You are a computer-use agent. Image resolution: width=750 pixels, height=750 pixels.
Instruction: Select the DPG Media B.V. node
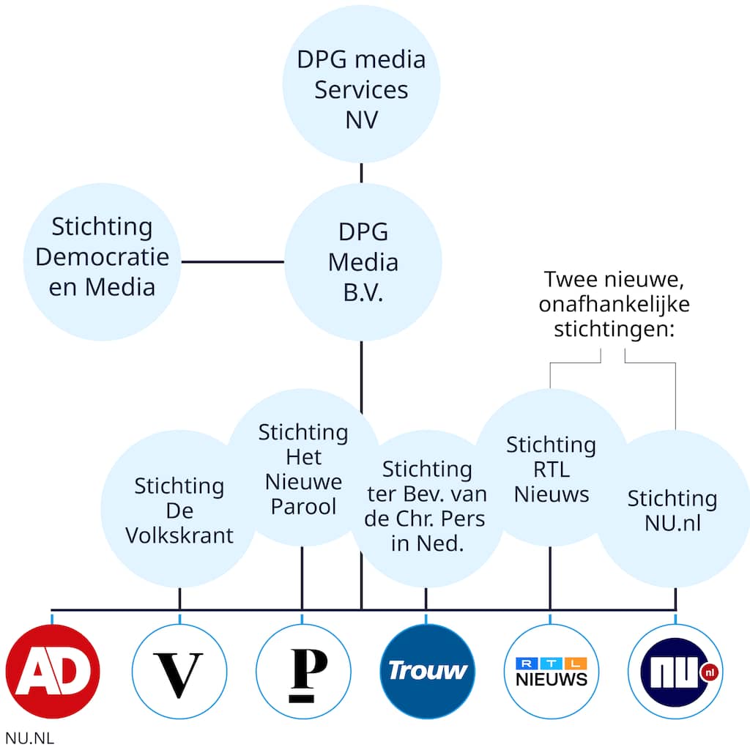(363, 261)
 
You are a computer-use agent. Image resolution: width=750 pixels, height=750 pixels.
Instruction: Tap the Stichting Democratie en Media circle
(102, 261)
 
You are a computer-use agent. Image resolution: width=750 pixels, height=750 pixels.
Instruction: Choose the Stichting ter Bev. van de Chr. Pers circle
(426, 505)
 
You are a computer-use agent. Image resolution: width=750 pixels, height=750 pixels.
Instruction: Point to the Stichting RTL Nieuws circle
(551, 469)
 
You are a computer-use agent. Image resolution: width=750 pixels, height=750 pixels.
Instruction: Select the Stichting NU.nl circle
(672, 510)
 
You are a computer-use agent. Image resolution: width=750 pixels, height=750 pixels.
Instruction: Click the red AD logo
(53, 671)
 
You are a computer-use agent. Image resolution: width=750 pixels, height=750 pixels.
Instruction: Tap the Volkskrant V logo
(179, 671)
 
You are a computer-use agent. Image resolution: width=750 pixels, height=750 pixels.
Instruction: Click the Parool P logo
(302, 671)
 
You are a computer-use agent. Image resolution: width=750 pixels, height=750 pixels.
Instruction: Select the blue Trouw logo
(427, 671)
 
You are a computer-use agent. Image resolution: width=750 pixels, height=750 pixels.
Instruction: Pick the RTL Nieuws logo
(551, 671)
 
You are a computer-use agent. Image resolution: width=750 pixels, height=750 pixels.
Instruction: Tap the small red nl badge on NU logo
(708, 672)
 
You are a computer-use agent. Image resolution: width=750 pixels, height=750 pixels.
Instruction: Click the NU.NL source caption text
(29, 738)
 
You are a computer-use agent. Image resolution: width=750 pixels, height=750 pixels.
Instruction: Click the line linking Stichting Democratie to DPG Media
(232, 261)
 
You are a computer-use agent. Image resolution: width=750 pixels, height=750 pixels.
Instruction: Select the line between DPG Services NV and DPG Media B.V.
(362, 173)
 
